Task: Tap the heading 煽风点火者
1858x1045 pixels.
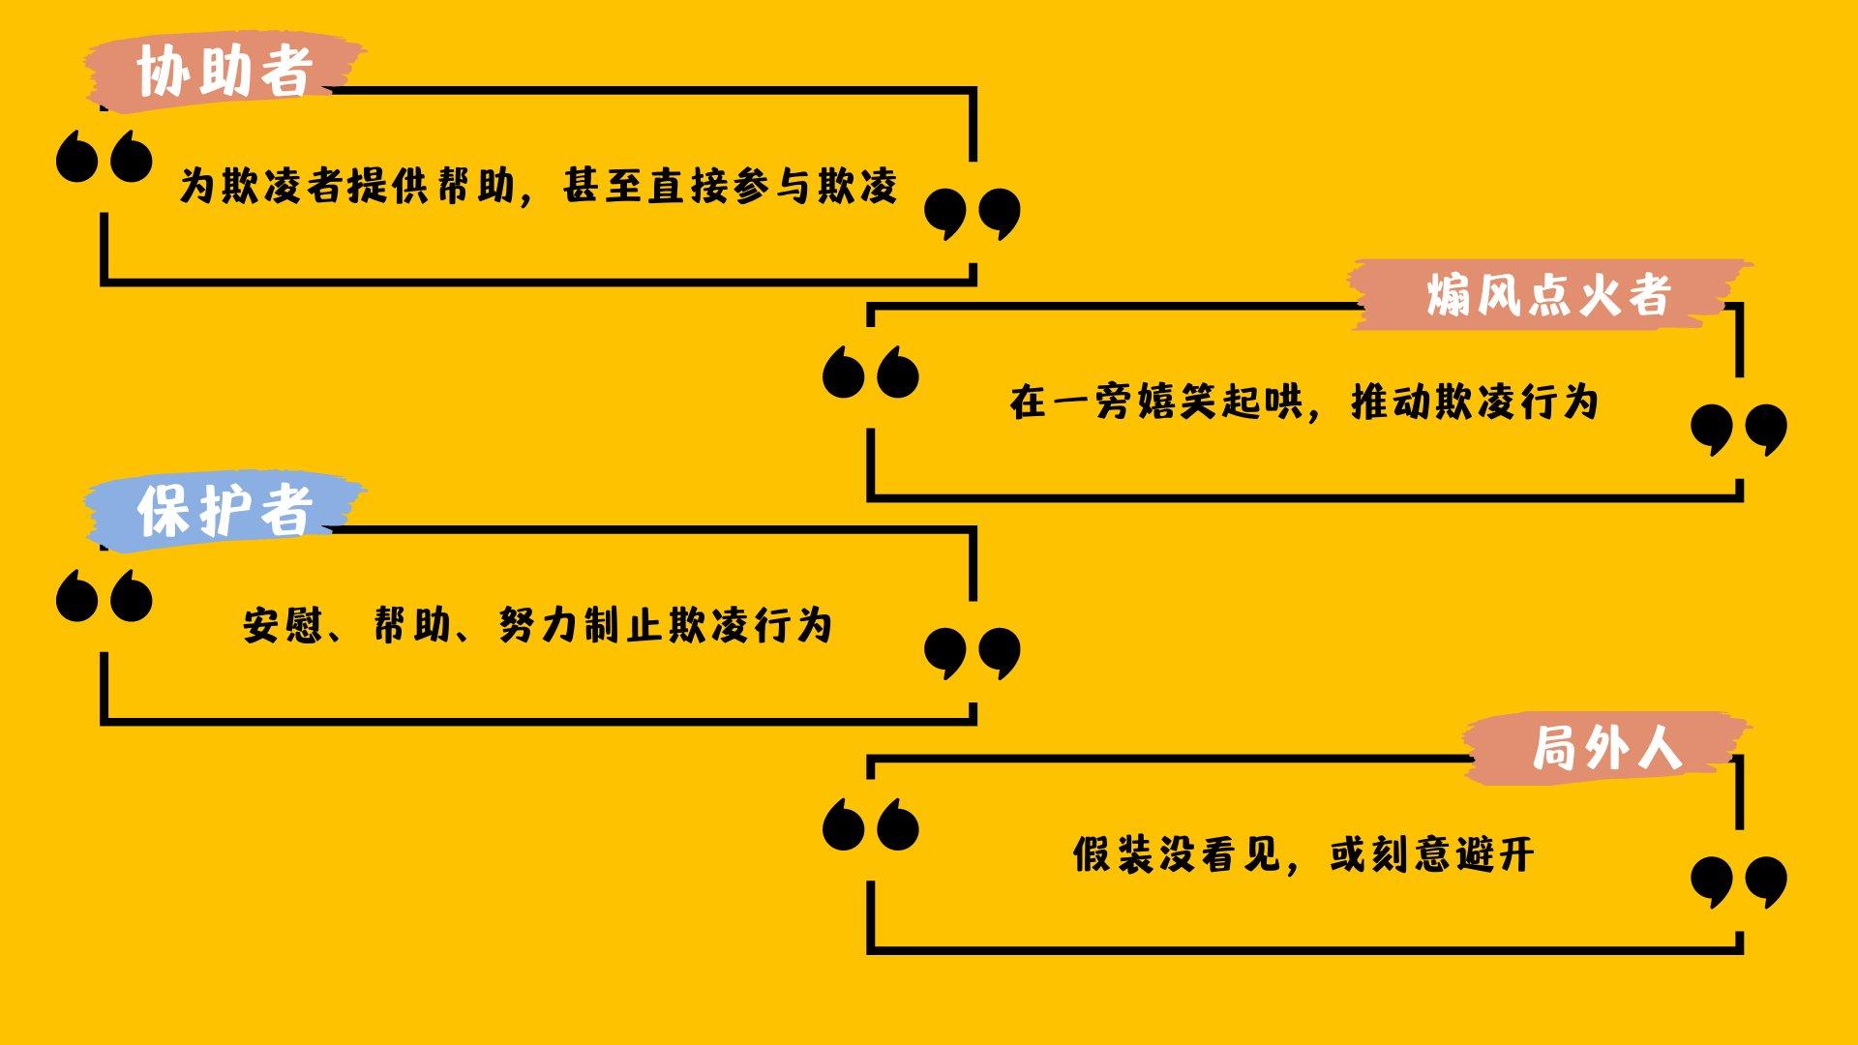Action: point(1548,295)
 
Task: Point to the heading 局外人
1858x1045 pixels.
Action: point(1606,748)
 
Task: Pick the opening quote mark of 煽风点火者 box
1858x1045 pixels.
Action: point(870,372)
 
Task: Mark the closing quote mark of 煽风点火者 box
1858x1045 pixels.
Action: point(1738,429)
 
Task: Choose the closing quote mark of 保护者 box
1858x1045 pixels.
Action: point(972,652)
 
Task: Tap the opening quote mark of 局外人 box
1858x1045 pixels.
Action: point(870,824)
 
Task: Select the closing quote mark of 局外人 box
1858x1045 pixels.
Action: point(1738,881)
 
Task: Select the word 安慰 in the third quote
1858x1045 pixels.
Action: point(282,625)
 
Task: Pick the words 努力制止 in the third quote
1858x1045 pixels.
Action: point(582,625)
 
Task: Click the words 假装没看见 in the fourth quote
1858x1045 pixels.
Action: point(1177,854)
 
